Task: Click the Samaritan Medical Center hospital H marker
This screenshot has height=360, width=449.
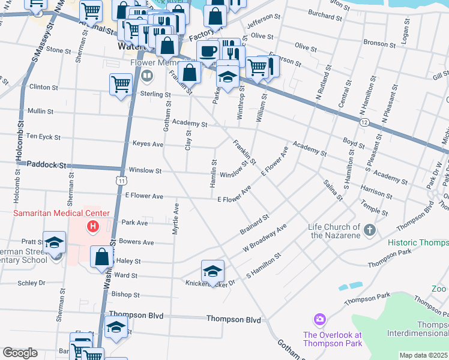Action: pyautogui.click(x=93, y=226)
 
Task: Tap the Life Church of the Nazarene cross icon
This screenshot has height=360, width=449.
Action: pyautogui.click(x=370, y=230)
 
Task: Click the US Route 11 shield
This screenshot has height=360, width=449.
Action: pyautogui.click(x=122, y=180)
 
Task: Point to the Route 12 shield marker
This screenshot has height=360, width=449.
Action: pyautogui.click(x=364, y=122)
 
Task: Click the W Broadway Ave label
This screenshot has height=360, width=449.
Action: pyautogui.click(x=265, y=237)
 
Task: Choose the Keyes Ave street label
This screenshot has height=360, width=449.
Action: pyautogui.click(x=148, y=144)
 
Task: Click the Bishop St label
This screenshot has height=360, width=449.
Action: pyautogui.click(x=125, y=295)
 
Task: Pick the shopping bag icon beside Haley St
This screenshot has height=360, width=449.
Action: pyautogui.click(x=101, y=257)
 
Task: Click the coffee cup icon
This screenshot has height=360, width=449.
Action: pyautogui.click(x=208, y=51)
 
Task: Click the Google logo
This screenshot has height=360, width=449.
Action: pyautogui.click(x=20, y=353)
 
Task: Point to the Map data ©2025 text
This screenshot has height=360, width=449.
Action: pyautogui.click(x=423, y=355)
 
